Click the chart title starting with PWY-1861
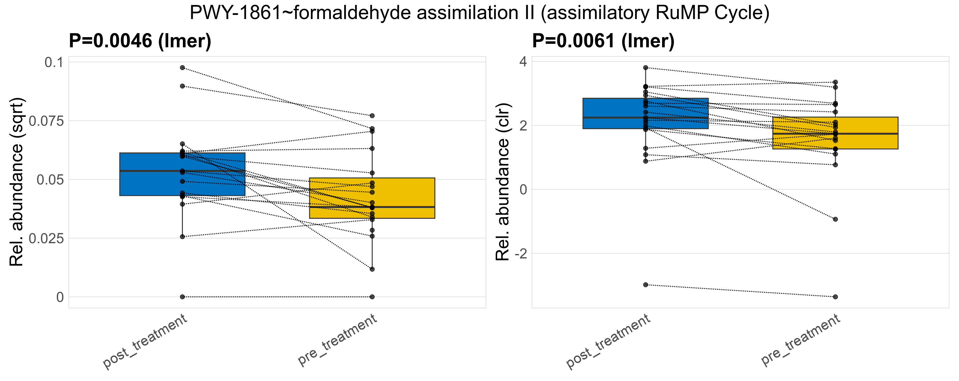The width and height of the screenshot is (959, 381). pyautogui.click(x=479, y=13)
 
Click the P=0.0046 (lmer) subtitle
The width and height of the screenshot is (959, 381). pyautogui.click(x=140, y=41)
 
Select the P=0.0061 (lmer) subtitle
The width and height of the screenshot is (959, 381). pyautogui.click(x=603, y=41)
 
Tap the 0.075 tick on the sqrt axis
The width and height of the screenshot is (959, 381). pyautogui.click(x=46, y=121)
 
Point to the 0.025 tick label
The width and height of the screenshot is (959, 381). pyautogui.click(x=46, y=238)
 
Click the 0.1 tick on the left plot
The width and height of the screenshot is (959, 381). pyautogui.click(x=54, y=62)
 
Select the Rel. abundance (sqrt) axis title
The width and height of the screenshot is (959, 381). pyautogui.click(x=17, y=182)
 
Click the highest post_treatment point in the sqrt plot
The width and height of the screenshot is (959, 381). pyautogui.click(x=182, y=68)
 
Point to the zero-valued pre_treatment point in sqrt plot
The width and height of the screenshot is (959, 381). pyautogui.click(x=372, y=297)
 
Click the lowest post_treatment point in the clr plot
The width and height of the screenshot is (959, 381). pyautogui.click(x=646, y=285)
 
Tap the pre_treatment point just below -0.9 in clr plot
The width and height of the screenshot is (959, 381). pyautogui.click(x=835, y=219)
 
